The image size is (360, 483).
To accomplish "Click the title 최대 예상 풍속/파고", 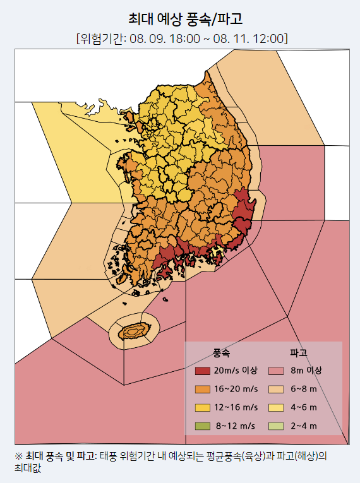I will pos(181,18).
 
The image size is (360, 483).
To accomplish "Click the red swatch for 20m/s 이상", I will pos(202,371).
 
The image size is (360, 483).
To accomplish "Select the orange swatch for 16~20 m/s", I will pos(202,389).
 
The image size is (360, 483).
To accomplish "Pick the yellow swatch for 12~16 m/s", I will pos(202,407).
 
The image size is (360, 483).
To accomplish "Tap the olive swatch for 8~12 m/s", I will pos(202,426).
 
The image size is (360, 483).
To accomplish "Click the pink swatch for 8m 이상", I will pos(277,371).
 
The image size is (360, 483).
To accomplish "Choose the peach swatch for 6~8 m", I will pos(277,389).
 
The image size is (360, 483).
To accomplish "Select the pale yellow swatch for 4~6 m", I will pos(277,407).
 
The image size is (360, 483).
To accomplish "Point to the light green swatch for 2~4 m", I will pos(277,426).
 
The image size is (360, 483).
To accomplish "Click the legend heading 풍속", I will pos(222,352).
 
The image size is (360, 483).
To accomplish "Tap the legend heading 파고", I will pos(298,352).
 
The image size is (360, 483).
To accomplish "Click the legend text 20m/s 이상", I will pos(236,371).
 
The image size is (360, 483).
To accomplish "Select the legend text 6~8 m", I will pos(304,389).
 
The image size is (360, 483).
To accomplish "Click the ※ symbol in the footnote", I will pos(18,456).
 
